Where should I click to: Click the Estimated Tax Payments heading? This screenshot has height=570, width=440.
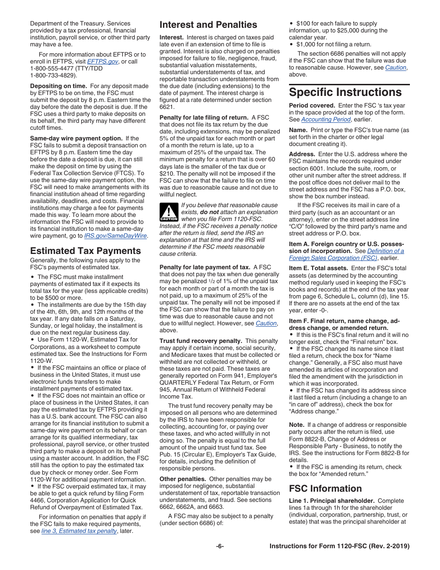pyautogui.click(x=85, y=251)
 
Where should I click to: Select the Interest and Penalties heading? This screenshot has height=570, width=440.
pyautogui.click(x=208, y=25)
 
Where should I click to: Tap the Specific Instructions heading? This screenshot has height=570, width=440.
pyautogui.click(x=345, y=92)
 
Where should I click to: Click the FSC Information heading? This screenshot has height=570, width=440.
pyautogui.click(x=325, y=488)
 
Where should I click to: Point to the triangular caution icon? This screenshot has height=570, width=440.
pyautogui.click(x=169, y=212)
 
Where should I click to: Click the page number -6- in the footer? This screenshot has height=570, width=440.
pyautogui.click(x=220, y=546)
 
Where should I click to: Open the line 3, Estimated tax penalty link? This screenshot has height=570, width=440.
pyautogui.click(x=79, y=531)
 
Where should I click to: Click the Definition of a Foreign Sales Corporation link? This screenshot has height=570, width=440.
pyautogui.click(x=346, y=254)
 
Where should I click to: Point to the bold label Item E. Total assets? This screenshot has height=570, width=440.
pyautogui.click(x=318, y=268)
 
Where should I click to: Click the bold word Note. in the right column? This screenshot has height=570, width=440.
pyautogui.click(x=296, y=424)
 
